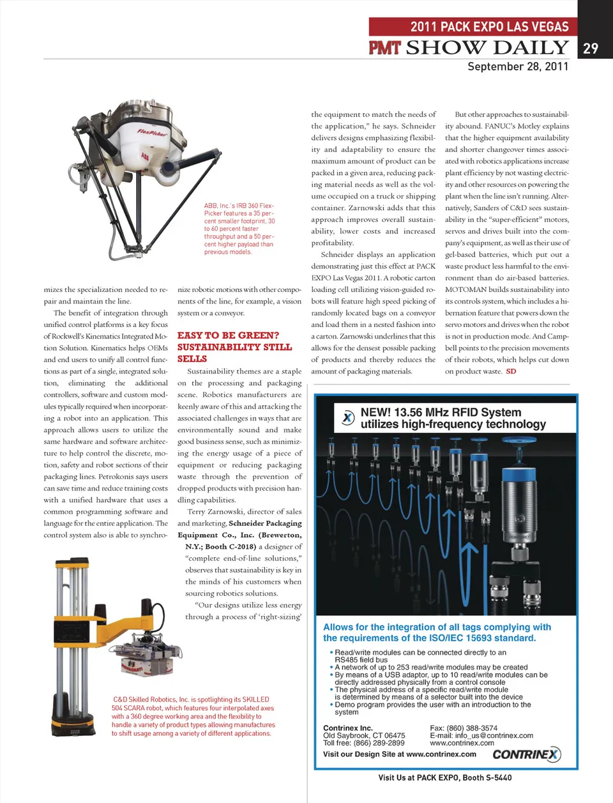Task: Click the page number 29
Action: tap(591, 49)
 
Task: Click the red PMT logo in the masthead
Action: tap(385, 47)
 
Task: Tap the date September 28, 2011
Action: tap(518, 66)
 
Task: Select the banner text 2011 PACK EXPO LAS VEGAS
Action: tap(489, 27)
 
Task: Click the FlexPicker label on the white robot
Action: tap(151, 133)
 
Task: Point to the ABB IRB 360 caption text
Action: tap(239, 229)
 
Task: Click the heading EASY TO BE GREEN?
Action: tap(228, 335)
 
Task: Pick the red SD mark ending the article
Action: tap(511, 371)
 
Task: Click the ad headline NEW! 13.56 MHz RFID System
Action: tap(441, 413)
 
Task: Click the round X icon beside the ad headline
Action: tap(347, 418)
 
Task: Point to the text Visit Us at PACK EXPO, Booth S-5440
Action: tap(444, 777)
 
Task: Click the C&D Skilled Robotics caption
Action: tap(193, 716)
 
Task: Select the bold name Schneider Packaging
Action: tap(265, 523)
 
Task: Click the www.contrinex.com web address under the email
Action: tap(462, 743)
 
